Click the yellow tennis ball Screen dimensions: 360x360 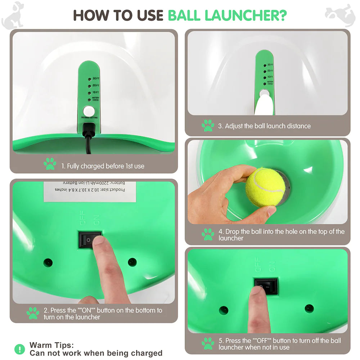[x=265, y=187]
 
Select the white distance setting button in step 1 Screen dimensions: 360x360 [x=88, y=111]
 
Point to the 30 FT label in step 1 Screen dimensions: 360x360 [x=95, y=78]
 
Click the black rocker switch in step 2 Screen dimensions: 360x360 [x=90, y=239]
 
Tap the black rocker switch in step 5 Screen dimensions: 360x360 [x=266, y=285]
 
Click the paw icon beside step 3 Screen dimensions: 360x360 [x=208, y=126]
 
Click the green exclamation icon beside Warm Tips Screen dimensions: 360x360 [x=20, y=349]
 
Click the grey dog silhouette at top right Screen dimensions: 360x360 [x=340, y=15]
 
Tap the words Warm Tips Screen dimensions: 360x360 [x=51, y=345]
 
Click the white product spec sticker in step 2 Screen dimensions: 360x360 [x=90, y=191]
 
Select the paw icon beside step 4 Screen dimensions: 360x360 [x=208, y=234]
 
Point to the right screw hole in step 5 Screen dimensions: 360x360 [x=309, y=308]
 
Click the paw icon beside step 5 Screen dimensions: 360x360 [x=208, y=343]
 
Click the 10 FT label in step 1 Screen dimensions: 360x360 [x=95, y=93]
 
